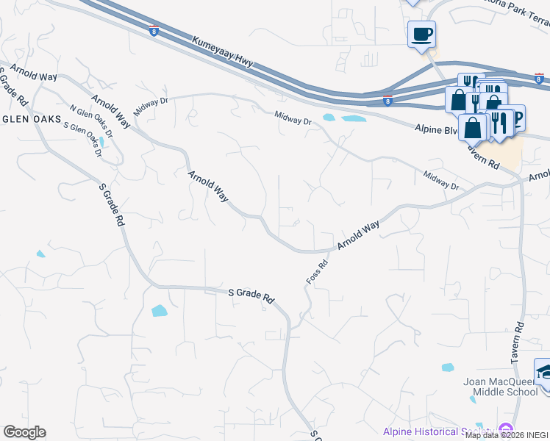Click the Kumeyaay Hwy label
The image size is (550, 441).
pyautogui.click(x=224, y=52)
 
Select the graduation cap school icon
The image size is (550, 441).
pyautogui.click(x=544, y=371)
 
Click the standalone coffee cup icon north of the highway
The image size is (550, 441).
pyautogui.click(x=421, y=33)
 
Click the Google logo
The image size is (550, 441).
pyautogui.click(x=24, y=432)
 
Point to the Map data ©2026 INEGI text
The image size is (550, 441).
pyautogui.click(x=507, y=435)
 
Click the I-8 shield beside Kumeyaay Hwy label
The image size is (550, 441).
pyautogui.click(x=153, y=30)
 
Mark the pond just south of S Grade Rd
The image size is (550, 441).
pyautogui.click(x=159, y=311)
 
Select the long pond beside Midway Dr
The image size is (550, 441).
pyautogui.click(x=353, y=118)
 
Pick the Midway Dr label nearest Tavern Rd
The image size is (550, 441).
pyautogui.click(x=441, y=182)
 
